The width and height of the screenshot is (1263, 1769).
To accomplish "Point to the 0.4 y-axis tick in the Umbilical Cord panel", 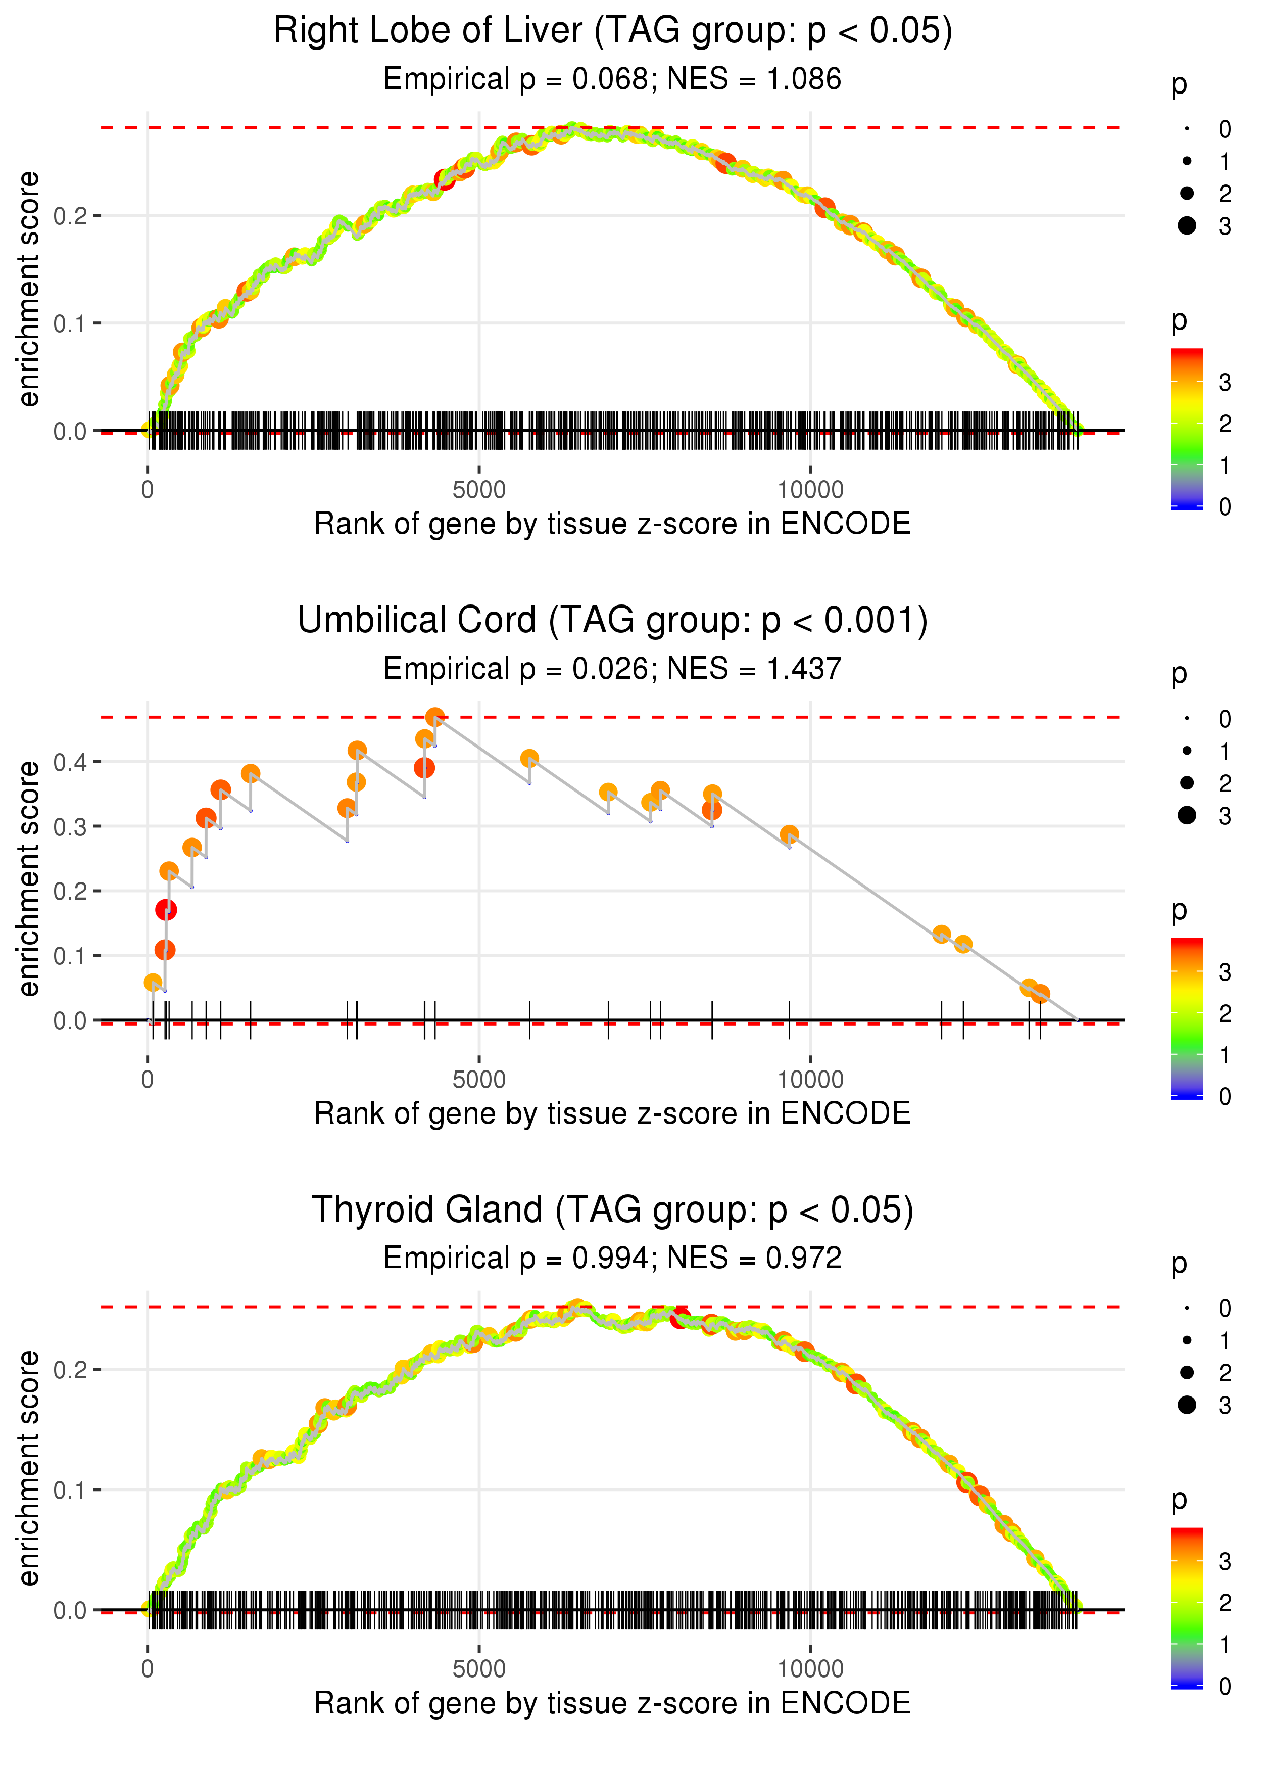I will point(70,762).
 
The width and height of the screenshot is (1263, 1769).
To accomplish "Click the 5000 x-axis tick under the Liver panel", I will point(479,490).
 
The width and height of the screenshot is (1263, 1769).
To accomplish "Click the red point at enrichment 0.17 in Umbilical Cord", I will point(166,909).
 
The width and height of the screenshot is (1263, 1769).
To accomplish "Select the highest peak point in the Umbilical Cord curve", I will point(435,717).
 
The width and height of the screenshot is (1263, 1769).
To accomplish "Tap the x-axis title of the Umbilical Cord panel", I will point(612,1113).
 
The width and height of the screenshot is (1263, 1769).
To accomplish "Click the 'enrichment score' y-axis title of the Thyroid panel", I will point(29,1468).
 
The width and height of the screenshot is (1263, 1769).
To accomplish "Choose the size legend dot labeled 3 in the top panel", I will point(1187,225).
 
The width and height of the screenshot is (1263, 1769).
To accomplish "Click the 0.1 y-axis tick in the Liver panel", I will point(70,323).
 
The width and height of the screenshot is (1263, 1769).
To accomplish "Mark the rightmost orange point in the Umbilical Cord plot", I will point(1041,993).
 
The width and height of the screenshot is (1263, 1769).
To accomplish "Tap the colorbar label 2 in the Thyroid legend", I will point(1225,1603).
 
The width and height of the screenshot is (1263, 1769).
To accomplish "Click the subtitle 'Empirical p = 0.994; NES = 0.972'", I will point(612,1258).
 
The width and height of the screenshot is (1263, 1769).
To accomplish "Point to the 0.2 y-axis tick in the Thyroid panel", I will point(70,1369).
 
